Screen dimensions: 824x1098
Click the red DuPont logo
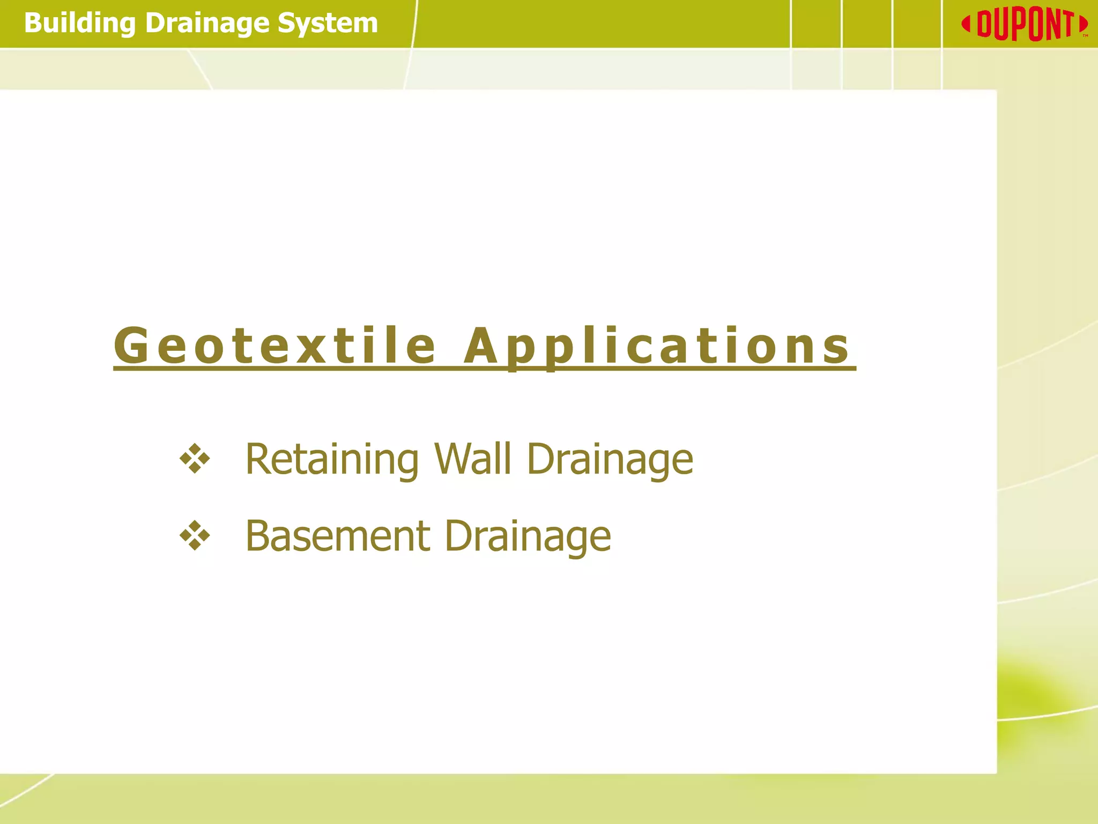[x=1024, y=25]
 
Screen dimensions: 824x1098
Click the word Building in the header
[x=79, y=24]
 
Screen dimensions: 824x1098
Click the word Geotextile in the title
[x=274, y=347]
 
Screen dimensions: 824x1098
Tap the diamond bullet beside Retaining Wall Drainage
[x=195, y=459]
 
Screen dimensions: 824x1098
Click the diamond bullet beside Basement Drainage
[x=195, y=536]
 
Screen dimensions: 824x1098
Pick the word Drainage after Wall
[x=610, y=461]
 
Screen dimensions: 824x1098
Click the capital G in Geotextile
[x=131, y=347]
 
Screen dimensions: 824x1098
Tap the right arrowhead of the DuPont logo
[x=1083, y=25]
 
